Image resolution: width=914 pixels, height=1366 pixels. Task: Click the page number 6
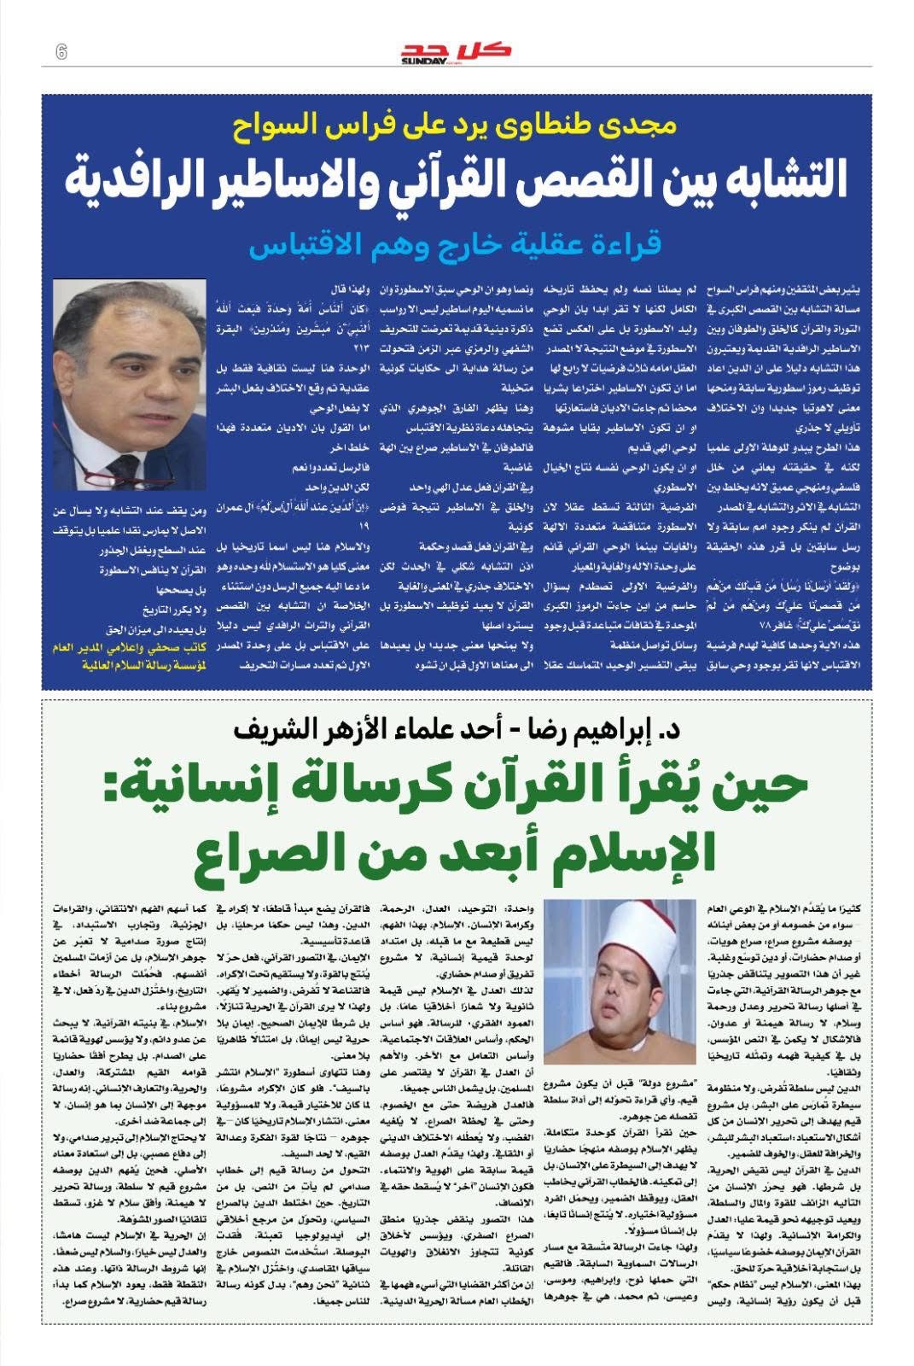pyautogui.click(x=61, y=51)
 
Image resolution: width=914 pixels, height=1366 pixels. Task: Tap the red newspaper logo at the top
pyautogui.click(x=456, y=53)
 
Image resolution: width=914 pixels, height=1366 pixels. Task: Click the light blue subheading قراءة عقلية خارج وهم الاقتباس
pyautogui.click(x=456, y=245)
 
